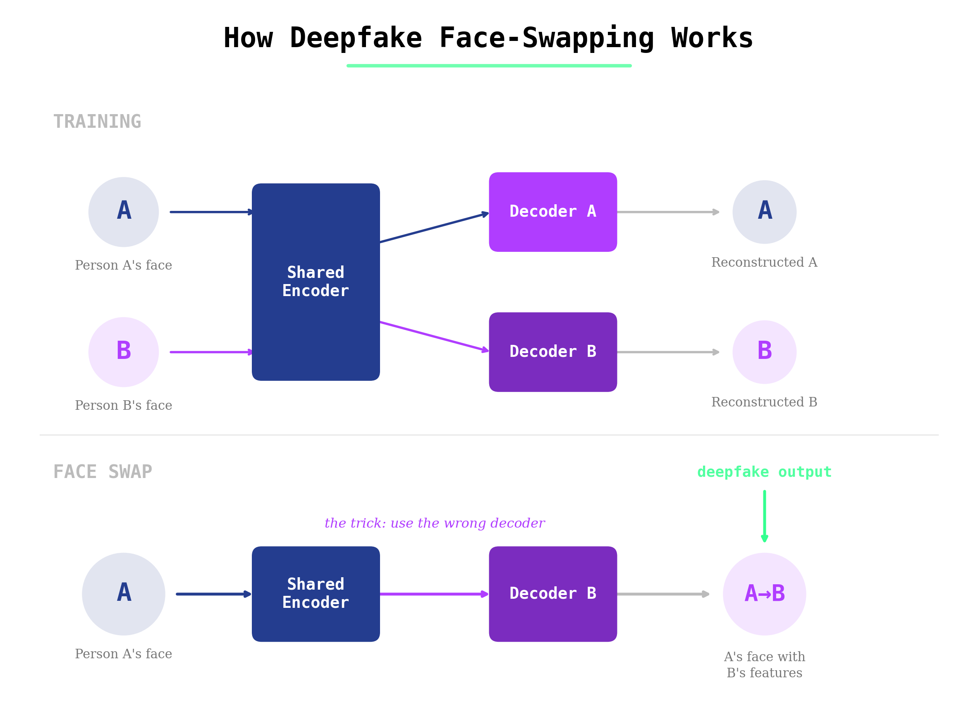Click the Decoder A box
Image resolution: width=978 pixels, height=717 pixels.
552,212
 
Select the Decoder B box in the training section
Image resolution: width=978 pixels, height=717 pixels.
552,352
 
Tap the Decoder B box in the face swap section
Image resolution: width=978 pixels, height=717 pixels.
552,594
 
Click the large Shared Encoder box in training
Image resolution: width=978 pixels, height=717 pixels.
316,282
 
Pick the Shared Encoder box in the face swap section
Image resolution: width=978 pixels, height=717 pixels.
316,594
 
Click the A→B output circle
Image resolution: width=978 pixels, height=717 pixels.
764,594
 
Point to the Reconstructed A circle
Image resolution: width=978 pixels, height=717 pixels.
764,212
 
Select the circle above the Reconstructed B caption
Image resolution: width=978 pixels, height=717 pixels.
764,352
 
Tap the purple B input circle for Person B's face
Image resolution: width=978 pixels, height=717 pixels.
123,352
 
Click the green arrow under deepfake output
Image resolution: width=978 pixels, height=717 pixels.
764,516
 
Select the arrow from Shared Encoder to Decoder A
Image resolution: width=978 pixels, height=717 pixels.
434,227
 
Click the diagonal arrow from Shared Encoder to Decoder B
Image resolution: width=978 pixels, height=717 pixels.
434,336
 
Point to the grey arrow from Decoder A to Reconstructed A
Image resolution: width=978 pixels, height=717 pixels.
667,212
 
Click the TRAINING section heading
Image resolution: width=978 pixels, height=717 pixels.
97,122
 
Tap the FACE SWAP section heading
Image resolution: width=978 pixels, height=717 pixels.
103,472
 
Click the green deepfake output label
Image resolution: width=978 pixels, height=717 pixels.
764,472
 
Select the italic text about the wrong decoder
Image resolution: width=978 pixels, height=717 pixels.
435,523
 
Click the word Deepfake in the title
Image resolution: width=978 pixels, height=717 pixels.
356,38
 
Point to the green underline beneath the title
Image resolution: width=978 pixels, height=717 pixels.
489,65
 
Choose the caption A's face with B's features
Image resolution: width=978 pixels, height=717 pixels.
764,664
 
